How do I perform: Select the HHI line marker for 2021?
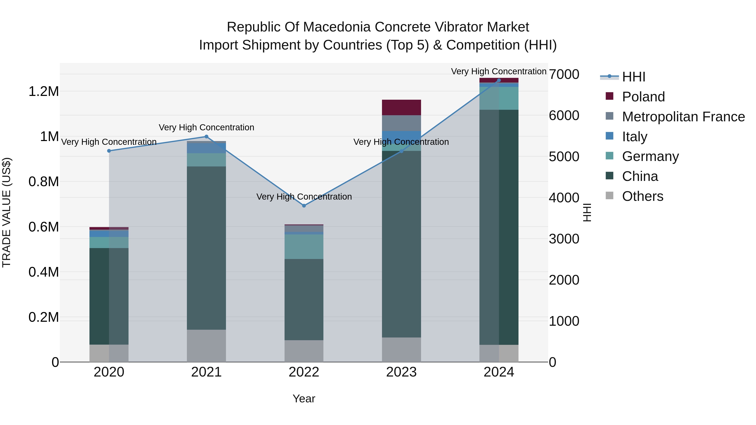point(206,136)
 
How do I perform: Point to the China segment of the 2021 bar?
point(206,248)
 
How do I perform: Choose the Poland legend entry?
point(643,97)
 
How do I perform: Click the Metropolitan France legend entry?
point(683,117)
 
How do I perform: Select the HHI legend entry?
point(633,77)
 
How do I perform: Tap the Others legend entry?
point(642,196)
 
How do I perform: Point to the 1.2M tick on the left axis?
point(43,92)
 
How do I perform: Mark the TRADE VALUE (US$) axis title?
point(7,212)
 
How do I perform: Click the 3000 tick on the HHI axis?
point(564,239)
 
